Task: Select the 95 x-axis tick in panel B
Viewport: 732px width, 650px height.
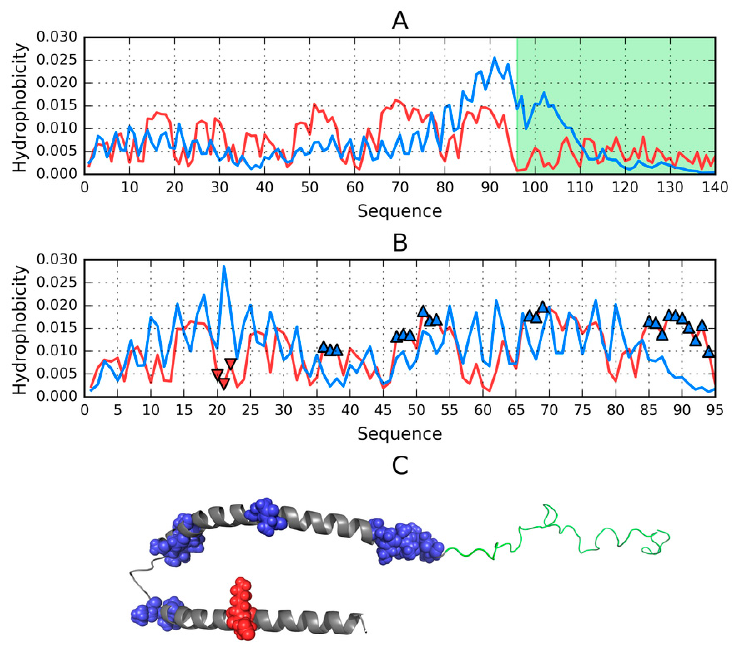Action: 715,410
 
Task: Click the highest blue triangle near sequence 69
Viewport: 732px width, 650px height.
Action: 543,307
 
